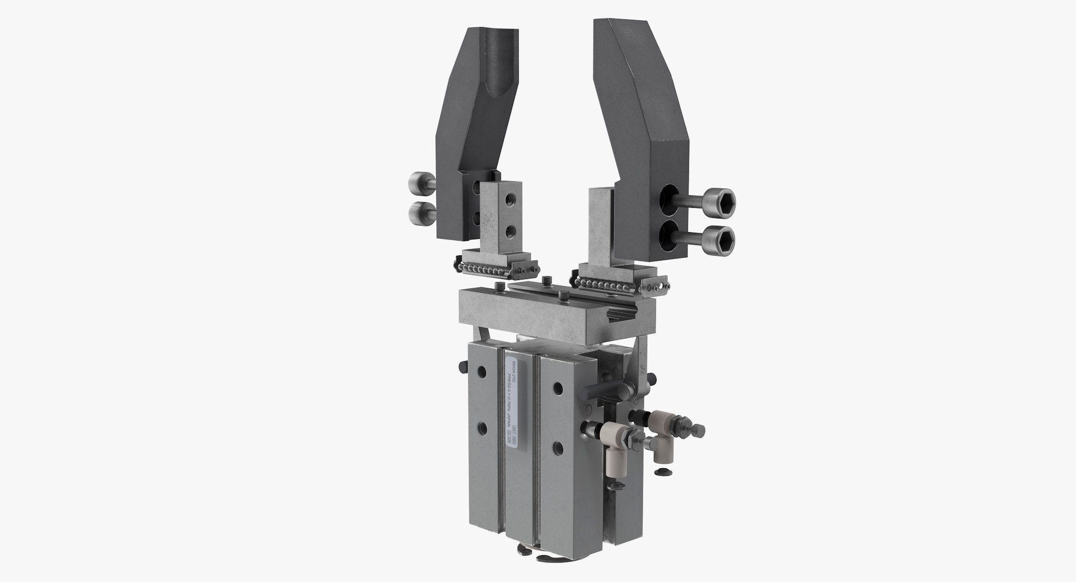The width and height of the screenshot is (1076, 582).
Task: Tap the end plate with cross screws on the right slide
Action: point(659,287)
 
